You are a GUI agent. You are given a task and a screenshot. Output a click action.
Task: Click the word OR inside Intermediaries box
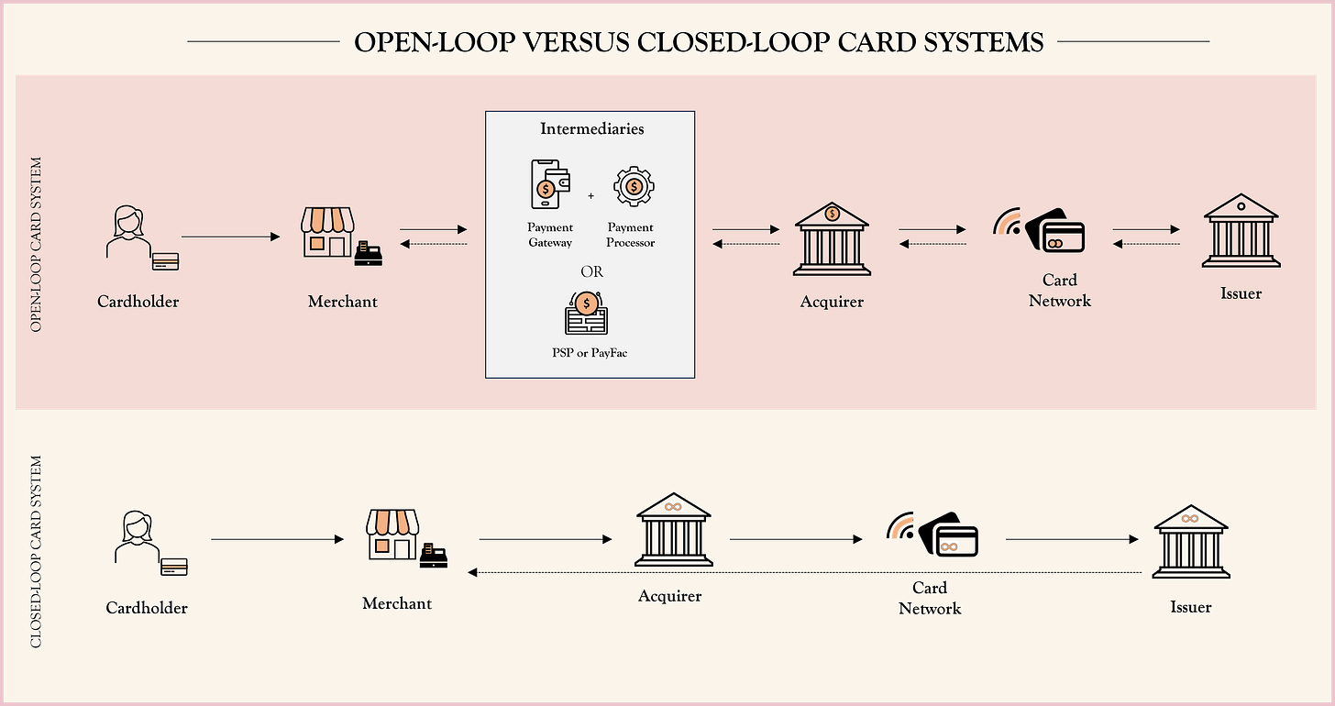coord(591,272)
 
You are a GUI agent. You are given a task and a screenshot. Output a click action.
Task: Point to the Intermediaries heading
coord(591,129)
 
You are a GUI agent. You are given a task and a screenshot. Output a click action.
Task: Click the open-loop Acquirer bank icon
coord(832,239)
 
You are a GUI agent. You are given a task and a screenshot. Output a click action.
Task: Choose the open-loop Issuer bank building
coord(1241,231)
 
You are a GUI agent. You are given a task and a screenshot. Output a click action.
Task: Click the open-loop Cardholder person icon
coord(128,236)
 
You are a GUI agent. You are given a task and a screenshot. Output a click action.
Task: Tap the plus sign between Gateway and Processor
coord(590,195)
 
